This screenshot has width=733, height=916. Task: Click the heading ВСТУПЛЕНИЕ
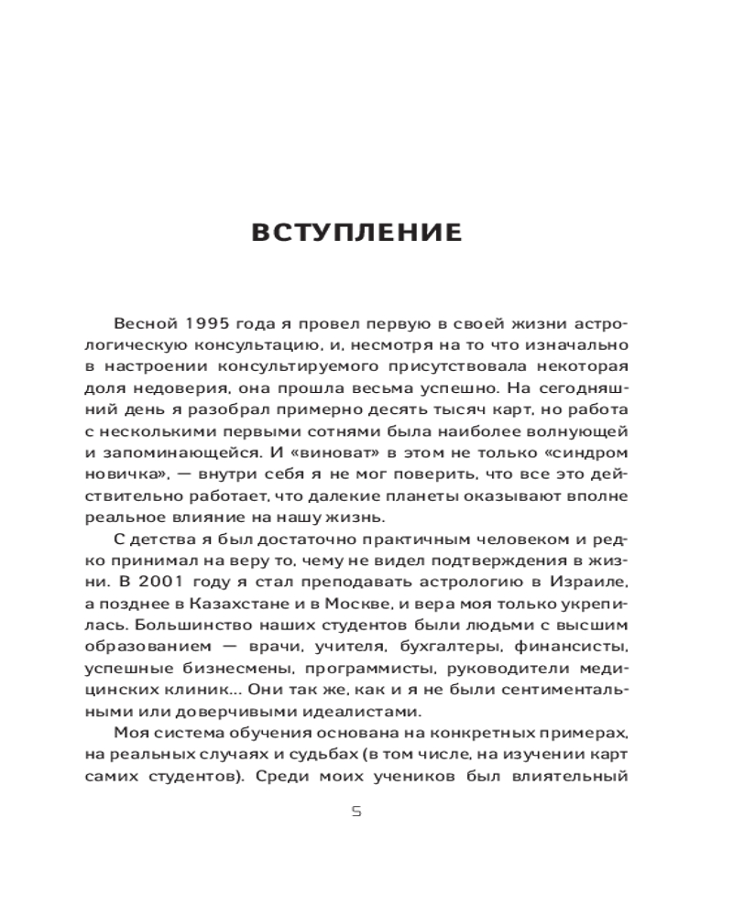coord(356,233)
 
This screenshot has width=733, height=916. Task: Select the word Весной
coord(143,325)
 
